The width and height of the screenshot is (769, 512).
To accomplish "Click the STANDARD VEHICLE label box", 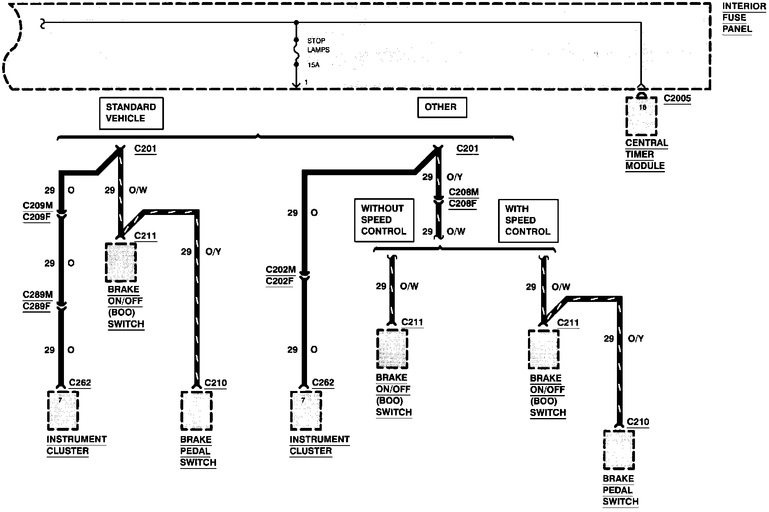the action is coord(131,113).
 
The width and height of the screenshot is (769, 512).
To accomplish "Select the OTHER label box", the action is coord(442,107).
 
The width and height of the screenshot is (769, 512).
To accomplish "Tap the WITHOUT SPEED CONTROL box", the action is coord(384,220).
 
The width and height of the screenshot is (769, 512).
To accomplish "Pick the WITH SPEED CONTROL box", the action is coord(528,221).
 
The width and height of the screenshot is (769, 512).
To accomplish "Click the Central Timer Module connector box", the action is coord(641,117).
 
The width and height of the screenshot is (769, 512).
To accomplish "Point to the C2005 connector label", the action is coord(677,98).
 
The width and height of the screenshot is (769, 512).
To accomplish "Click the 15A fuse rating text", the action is coord(314,65).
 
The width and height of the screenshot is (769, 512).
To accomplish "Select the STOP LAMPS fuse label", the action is coord(319,45).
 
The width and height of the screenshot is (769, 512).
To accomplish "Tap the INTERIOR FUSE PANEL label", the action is coord(744,18).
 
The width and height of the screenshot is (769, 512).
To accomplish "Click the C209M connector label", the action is coord(38,206).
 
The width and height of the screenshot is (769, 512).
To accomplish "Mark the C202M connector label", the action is coord(281,270).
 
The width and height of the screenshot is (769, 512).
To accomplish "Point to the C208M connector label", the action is coord(464,192).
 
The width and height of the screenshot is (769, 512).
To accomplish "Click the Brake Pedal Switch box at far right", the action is coord(619,450).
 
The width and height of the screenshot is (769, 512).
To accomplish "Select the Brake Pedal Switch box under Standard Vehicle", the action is coord(196,411).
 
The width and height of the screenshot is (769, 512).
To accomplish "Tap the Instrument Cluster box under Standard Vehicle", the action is coord(63,411).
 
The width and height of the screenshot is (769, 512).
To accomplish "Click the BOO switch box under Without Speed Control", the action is coord(392,349).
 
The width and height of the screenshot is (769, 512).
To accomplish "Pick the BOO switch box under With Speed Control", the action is coord(544,350).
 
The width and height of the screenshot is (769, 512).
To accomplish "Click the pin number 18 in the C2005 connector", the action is coord(642,107).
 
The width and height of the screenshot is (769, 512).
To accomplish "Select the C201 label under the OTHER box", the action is coord(467,149).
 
